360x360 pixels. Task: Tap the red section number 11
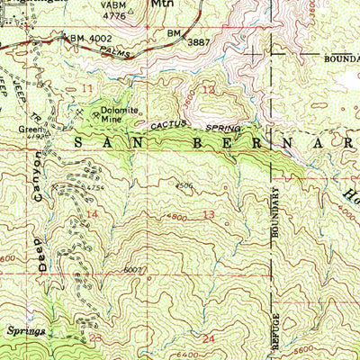[x=86, y=88]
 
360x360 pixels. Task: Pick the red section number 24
[x=210, y=338]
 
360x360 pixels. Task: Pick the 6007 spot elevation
[x=134, y=270]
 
